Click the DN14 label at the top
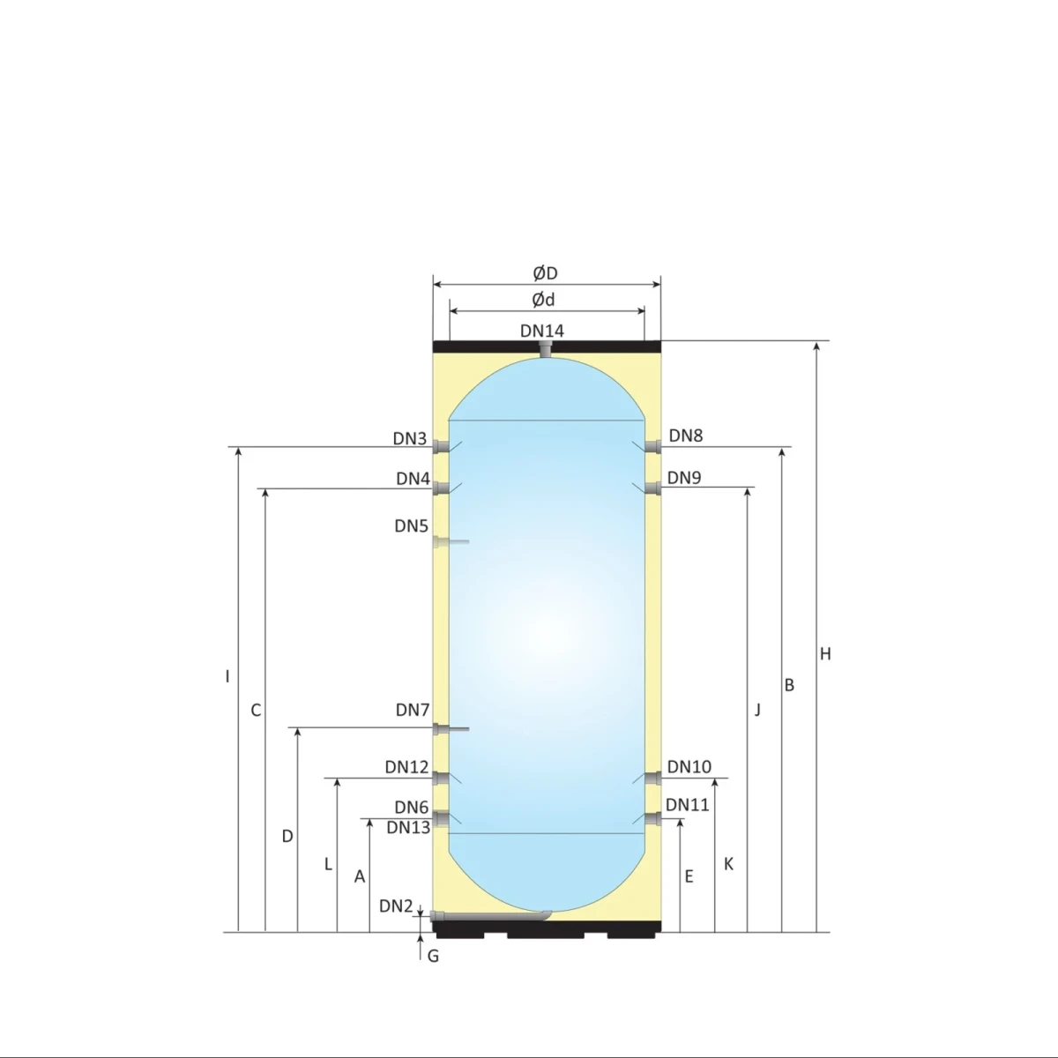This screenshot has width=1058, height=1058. pos(541,331)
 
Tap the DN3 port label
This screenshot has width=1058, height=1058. pos(409,438)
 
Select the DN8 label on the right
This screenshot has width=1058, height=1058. pos(685,435)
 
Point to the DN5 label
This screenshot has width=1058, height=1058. pos(411,526)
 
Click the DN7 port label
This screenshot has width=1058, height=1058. pos(412,710)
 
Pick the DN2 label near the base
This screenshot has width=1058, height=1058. pos(396,905)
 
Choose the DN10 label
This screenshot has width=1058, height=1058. pos(689,767)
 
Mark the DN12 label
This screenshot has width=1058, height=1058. pos(406,767)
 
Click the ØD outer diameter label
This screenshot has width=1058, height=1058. pos(545,273)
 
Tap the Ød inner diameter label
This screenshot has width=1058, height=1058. pos(543,300)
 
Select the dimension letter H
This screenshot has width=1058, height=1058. pos(825,654)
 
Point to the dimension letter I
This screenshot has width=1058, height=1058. pos(227,676)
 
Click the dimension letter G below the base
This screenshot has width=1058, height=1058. pos(433,956)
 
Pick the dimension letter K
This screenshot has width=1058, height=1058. pos(728,864)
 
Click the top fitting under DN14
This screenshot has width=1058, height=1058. pos(546,352)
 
